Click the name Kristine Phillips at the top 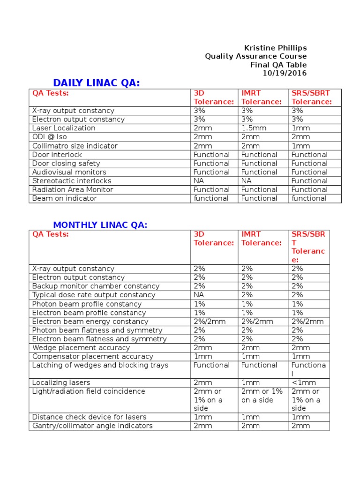(x=275, y=48)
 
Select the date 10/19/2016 (x=285, y=73)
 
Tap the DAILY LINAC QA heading (x=97, y=83)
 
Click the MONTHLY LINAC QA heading (x=100, y=225)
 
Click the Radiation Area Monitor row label (x=73, y=189)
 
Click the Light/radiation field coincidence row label (x=89, y=391)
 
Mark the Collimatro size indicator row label (x=75, y=146)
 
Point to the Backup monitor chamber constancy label (x=96, y=286)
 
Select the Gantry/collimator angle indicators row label (x=92, y=426)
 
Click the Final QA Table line (x=278, y=65)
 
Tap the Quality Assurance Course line (x=255, y=56)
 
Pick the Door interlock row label (x=57, y=155)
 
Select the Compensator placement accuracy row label (x=93, y=356)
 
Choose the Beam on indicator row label (x=65, y=198)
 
